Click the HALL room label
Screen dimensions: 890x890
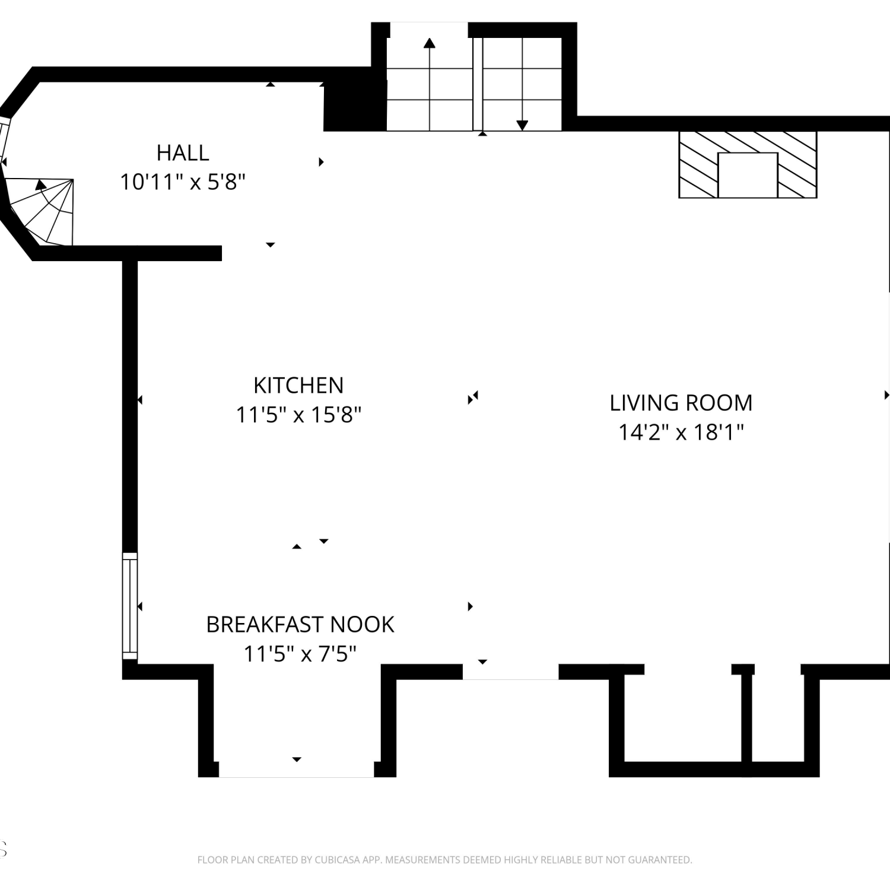point(183,153)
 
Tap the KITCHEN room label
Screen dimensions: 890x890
point(298,386)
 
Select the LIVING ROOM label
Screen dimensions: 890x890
point(681,403)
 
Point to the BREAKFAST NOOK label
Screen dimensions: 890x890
point(300,625)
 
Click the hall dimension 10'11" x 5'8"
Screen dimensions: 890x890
point(183,182)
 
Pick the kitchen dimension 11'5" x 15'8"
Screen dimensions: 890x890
point(298,415)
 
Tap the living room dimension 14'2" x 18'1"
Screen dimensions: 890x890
point(681,432)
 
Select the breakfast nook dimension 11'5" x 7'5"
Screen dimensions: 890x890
point(300,654)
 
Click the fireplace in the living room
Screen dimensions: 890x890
point(748,164)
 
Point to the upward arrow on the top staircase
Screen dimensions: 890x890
point(430,83)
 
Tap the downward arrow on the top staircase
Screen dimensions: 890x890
point(522,83)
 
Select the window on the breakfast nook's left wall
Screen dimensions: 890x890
point(130,606)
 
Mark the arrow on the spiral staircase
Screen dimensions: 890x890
point(40,184)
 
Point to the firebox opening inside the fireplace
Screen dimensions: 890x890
point(748,175)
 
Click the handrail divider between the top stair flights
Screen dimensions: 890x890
point(478,83)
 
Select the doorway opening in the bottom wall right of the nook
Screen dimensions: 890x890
point(510,672)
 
